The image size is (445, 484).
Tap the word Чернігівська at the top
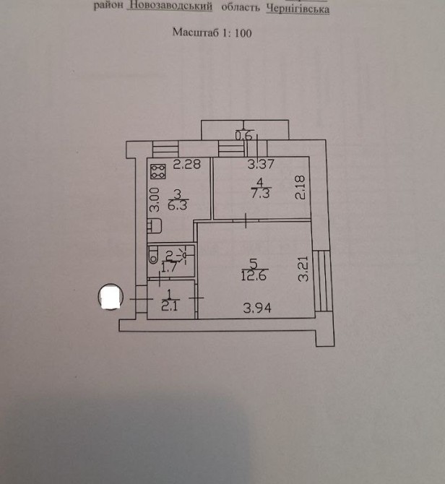[x=298, y=9]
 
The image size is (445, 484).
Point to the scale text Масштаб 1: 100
[x=212, y=33]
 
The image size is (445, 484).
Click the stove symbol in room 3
[x=157, y=171]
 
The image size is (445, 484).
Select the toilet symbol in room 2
[x=153, y=256]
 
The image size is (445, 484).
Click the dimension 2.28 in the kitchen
[x=186, y=164]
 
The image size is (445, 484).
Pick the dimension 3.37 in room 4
[x=261, y=164]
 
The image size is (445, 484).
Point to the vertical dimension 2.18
[x=300, y=187]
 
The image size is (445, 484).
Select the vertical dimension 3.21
[x=303, y=269]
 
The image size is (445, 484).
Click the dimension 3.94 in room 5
[x=257, y=308]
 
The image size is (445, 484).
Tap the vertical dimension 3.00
[x=155, y=199]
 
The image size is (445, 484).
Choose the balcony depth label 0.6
[x=243, y=136]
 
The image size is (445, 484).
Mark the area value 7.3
[x=261, y=194]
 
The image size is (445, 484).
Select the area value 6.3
[x=178, y=206]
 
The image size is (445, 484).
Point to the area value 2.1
[x=170, y=306]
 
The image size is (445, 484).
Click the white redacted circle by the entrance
[x=111, y=297]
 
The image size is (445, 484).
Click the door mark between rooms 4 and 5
[x=246, y=220]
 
